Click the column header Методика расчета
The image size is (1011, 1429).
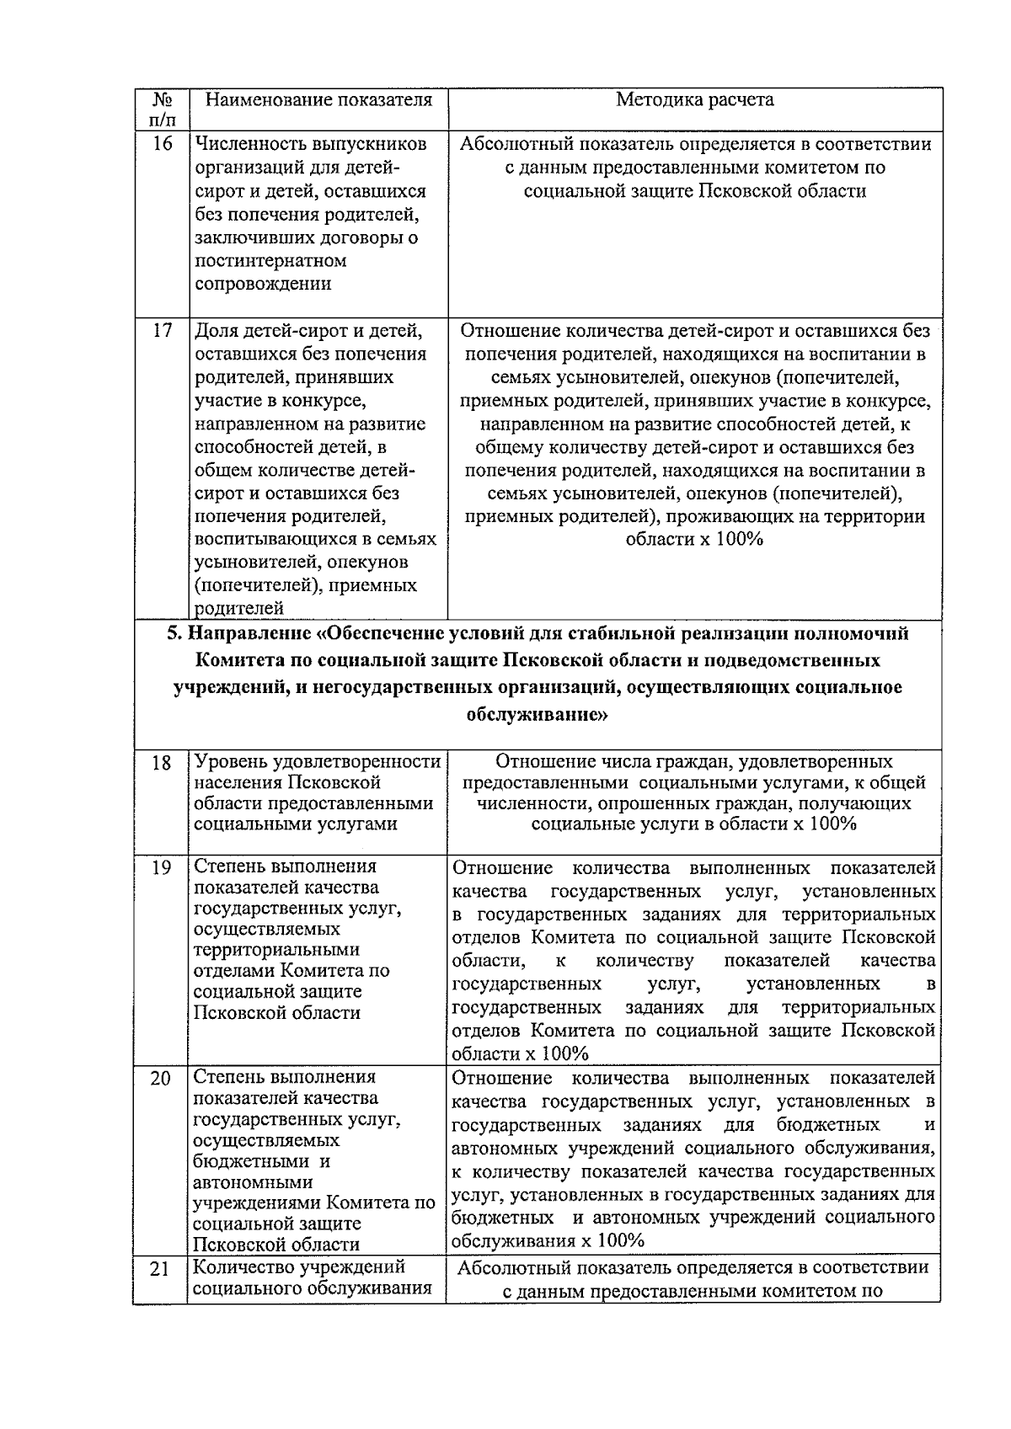click(694, 100)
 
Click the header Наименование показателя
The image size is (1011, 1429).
click(319, 100)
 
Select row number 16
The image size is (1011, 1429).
click(162, 144)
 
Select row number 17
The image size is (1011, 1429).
click(162, 331)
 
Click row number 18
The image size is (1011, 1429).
click(162, 764)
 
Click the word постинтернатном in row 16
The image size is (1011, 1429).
click(270, 261)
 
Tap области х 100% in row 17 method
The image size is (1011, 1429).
click(694, 540)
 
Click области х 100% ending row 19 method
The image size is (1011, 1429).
click(520, 1053)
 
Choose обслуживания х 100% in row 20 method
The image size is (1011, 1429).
click(548, 1240)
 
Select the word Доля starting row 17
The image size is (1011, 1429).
click(216, 331)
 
